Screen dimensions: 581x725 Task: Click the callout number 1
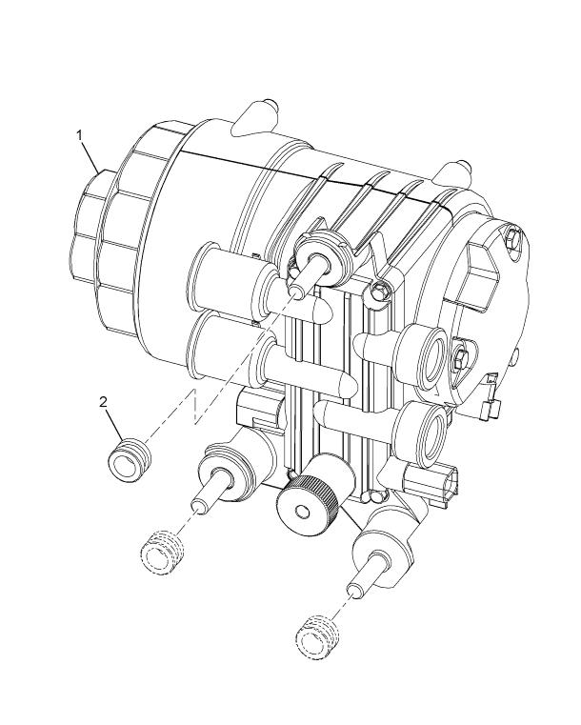(x=79, y=135)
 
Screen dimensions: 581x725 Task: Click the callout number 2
(x=103, y=402)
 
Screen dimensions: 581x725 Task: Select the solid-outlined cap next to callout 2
(x=130, y=461)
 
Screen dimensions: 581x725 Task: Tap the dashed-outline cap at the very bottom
(x=317, y=637)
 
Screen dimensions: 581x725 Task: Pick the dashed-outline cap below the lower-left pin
(x=162, y=553)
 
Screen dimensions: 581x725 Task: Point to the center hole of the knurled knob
(x=303, y=512)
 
